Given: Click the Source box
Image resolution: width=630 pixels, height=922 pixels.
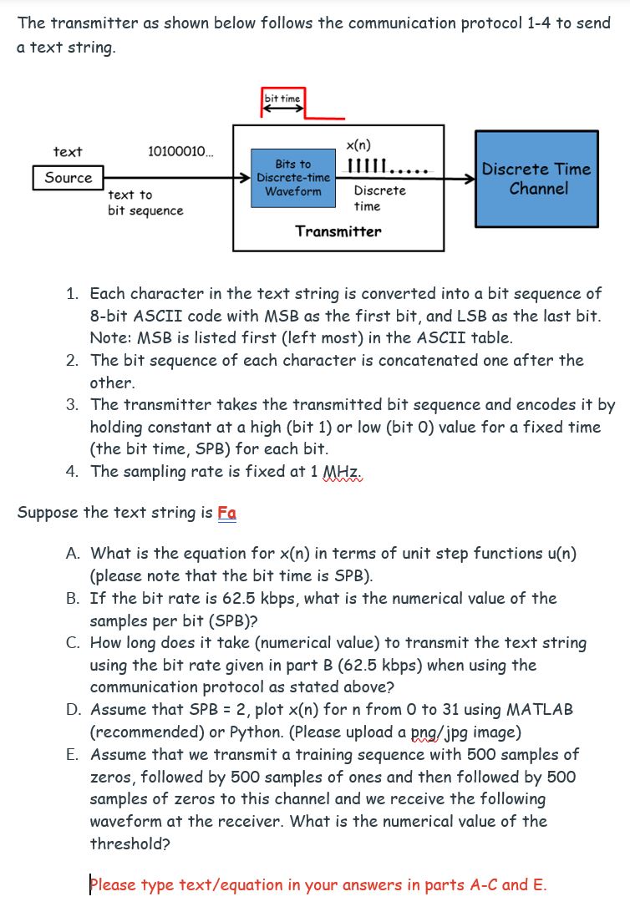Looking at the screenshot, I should pyautogui.click(x=69, y=178).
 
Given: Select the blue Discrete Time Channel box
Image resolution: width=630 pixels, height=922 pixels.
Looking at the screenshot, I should pyautogui.click(x=537, y=179).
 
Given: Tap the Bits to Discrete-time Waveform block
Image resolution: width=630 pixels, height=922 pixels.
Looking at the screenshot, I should pyautogui.click(x=292, y=178).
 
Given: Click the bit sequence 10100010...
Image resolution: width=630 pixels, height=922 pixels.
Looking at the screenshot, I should pyautogui.click(x=180, y=151).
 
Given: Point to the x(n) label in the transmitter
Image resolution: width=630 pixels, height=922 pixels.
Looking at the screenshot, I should pyautogui.click(x=358, y=144).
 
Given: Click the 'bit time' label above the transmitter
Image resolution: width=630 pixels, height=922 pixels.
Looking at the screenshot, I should pyautogui.click(x=282, y=99).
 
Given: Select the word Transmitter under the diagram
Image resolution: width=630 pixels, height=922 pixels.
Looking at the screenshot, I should pyautogui.click(x=338, y=231).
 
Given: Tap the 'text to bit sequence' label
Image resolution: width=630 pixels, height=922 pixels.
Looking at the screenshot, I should pyautogui.click(x=145, y=202).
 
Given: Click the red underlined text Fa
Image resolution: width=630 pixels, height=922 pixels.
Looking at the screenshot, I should pyautogui.click(x=226, y=512).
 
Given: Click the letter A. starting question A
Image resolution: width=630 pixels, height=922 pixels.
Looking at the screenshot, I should pyautogui.click(x=74, y=553).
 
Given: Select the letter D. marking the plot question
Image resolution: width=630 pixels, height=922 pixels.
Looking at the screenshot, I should pyautogui.click(x=74, y=709).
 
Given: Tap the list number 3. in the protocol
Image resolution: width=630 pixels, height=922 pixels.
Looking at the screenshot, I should pyautogui.click(x=74, y=404).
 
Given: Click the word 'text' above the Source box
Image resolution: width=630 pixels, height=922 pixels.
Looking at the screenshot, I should pyautogui.click(x=68, y=151).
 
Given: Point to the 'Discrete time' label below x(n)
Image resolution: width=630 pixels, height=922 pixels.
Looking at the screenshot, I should pyautogui.click(x=368, y=198).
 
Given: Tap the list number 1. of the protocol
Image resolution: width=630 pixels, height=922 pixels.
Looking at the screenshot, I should pyautogui.click(x=74, y=293).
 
